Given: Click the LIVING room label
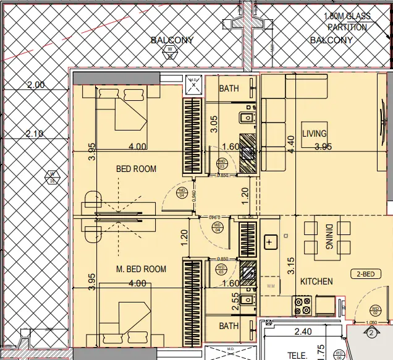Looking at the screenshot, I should (314, 134).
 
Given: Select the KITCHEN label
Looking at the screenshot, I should (316, 281).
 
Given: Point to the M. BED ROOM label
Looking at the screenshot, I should (142, 269).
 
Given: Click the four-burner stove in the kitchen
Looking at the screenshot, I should (302, 305).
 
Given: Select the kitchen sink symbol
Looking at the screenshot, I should (270, 242).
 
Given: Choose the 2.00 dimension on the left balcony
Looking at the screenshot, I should (36, 85).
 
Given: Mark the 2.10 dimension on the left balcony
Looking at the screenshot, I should (36, 134).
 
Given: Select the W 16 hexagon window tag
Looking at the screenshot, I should (52, 177).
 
